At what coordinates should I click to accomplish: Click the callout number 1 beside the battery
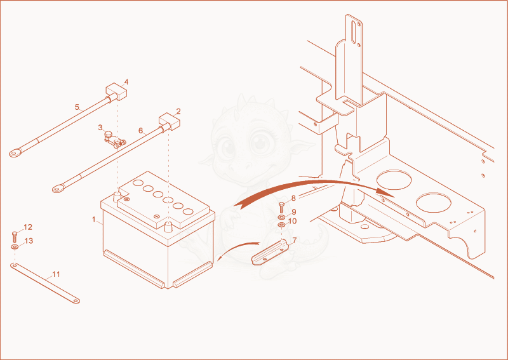[x=93, y=220]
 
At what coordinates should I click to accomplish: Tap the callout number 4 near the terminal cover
[x=126, y=82]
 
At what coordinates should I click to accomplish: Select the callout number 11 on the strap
[x=56, y=274]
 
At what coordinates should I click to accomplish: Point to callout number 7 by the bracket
[x=295, y=241]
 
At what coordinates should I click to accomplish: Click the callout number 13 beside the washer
[x=29, y=241]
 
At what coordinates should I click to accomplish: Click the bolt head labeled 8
[x=281, y=204]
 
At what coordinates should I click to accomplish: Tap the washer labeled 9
[x=281, y=216]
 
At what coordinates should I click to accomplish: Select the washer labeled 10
[x=281, y=224]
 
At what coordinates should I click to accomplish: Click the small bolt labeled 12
[x=14, y=237]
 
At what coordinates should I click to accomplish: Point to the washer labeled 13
[x=14, y=247]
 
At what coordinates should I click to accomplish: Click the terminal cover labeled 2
[x=169, y=121]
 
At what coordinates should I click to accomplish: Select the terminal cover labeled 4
[x=117, y=91]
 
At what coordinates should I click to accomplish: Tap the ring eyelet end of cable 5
[x=15, y=152]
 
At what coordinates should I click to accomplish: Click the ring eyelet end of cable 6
[x=58, y=189]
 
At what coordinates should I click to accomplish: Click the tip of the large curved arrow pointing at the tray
[x=394, y=197]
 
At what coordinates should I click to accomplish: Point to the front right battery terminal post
[x=168, y=226]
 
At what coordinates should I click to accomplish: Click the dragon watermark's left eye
[x=227, y=147]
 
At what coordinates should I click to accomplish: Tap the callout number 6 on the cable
[x=140, y=131]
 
